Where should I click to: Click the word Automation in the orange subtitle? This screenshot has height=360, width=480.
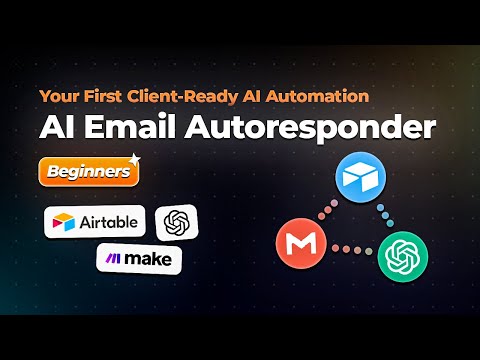[317, 96]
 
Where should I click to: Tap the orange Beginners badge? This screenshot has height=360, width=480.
[86, 172]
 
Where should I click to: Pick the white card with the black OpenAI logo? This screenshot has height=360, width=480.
[178, 222]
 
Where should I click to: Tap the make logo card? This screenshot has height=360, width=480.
[139, 258]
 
